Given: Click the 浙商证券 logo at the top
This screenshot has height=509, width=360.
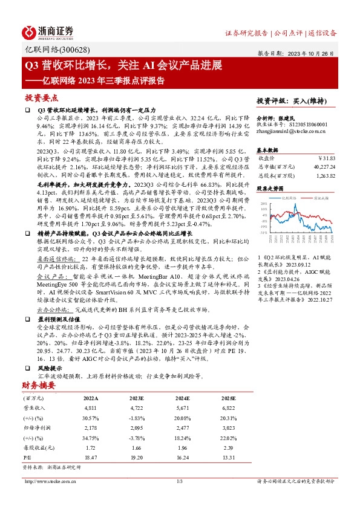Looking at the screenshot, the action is (49, 31).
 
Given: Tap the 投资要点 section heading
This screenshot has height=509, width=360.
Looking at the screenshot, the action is (41, 97).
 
